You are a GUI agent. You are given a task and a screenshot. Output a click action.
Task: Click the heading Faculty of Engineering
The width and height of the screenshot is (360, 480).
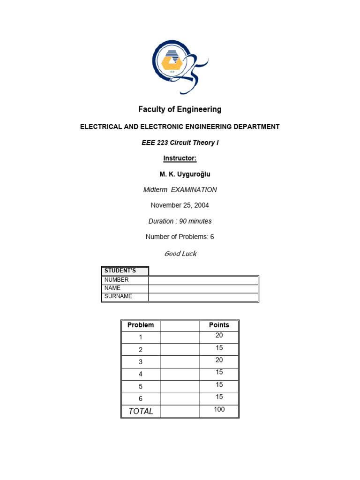point(180,110)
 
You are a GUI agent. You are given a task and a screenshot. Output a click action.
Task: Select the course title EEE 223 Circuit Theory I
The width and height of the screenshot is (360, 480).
point(180,142)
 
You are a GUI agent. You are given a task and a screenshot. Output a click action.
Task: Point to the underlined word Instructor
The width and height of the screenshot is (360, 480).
point(180,158)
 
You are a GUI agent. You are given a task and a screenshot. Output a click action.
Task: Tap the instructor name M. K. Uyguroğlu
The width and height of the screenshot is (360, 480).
point(185,174)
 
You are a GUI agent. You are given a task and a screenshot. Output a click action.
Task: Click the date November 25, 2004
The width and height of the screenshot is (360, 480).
point(180,205)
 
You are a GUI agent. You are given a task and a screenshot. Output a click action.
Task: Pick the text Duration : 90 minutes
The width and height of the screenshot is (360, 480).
point(180,221)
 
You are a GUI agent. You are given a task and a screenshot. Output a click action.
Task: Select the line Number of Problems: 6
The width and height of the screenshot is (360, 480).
point(180,237)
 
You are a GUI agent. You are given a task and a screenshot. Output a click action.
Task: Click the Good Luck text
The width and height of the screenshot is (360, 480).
point(180,254)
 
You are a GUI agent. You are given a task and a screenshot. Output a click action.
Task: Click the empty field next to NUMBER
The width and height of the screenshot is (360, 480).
point(203,280)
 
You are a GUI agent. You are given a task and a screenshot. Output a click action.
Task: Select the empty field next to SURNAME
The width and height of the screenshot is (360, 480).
point(203,297)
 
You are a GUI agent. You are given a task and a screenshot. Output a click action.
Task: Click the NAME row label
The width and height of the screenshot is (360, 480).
point(112,288)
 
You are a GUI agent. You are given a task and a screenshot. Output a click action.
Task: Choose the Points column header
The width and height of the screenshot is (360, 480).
point(219,325)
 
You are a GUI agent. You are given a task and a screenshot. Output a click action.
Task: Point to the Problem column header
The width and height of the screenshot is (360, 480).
point(141,325)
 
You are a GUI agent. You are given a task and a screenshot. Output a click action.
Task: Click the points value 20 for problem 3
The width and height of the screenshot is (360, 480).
point(219,360)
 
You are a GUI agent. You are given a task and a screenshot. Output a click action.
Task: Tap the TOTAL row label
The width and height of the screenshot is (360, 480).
point(141,411)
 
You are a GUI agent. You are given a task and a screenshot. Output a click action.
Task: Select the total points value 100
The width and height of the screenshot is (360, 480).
point(219,410)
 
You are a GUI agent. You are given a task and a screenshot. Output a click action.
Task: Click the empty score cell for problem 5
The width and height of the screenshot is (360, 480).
point(180,386)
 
